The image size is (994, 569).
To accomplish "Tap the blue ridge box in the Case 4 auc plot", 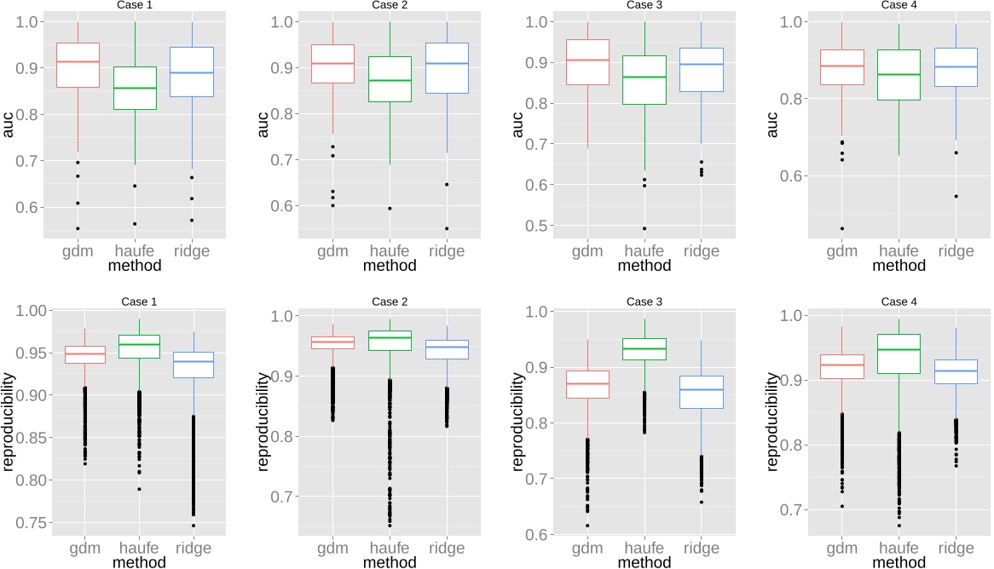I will [956, 66].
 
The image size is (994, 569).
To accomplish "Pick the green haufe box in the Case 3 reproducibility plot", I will [644, 349].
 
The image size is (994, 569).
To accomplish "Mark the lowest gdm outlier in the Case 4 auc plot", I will [841, 228].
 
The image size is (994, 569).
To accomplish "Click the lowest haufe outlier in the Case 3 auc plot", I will [644, 228].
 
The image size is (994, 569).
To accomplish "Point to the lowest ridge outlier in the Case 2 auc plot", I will [446, 228].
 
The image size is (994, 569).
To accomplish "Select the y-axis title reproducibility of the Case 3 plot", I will [518, 422].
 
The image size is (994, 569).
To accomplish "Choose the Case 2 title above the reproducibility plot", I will [390, 302].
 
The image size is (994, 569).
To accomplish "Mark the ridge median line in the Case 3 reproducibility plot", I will [702, 389].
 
